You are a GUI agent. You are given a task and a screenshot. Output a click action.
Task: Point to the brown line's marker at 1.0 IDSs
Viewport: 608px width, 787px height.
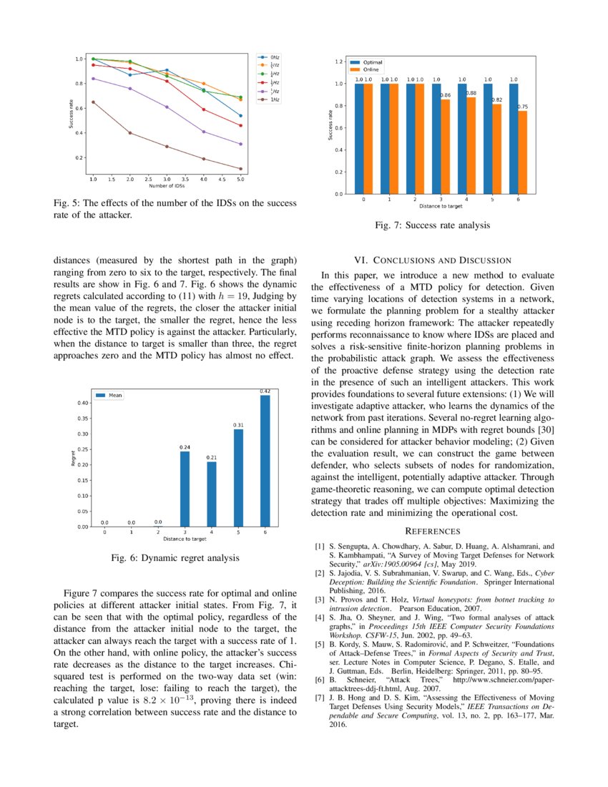pos(93,102)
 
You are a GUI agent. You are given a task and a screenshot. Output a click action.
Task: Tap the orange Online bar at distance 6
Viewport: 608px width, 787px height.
pos(523,152)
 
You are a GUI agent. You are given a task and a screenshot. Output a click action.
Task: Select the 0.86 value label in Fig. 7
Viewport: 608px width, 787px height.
pos(445,95)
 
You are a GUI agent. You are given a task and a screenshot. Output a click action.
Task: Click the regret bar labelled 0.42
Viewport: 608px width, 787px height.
pos(265,461)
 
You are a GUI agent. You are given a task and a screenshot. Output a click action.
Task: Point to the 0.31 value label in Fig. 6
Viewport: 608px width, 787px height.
pos(238,425)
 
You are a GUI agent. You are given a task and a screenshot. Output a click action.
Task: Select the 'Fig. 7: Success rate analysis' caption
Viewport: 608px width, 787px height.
pos(433,225)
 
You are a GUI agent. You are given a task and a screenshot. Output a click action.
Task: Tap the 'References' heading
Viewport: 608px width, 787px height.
pos(433,531)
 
